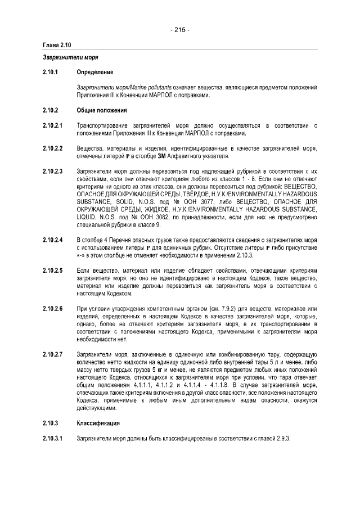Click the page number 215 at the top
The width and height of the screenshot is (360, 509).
(179, 30)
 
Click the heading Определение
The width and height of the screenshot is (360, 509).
(94, 72)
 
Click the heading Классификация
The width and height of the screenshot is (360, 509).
(99, 422)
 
